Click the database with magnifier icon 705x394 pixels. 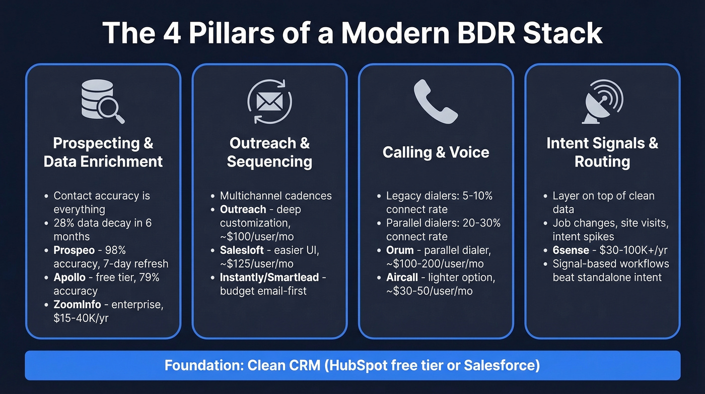pyautogui.click(x=103, y=102)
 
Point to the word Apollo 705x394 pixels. pyautogui.click(x=69, y=277)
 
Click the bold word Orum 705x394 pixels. pyautogui.click(x=400, y=250)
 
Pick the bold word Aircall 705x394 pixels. pyautogui.click(x=403, y=277)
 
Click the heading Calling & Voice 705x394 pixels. pyautogui.click(x=436, y=152)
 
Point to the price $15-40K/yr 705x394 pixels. pyautogui.click(x=81, y=318)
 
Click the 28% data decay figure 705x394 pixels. pyautogui.click(x=64, y=222)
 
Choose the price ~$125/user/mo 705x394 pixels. pyautogui.click(x=257, y=263)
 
